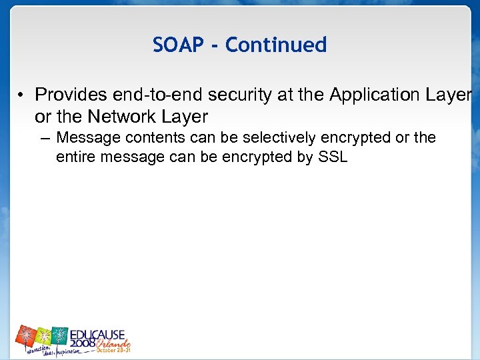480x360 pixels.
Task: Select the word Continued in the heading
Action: coord(276,45)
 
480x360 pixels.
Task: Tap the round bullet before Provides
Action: coord(22,96)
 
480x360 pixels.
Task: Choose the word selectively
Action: coord(281,138)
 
